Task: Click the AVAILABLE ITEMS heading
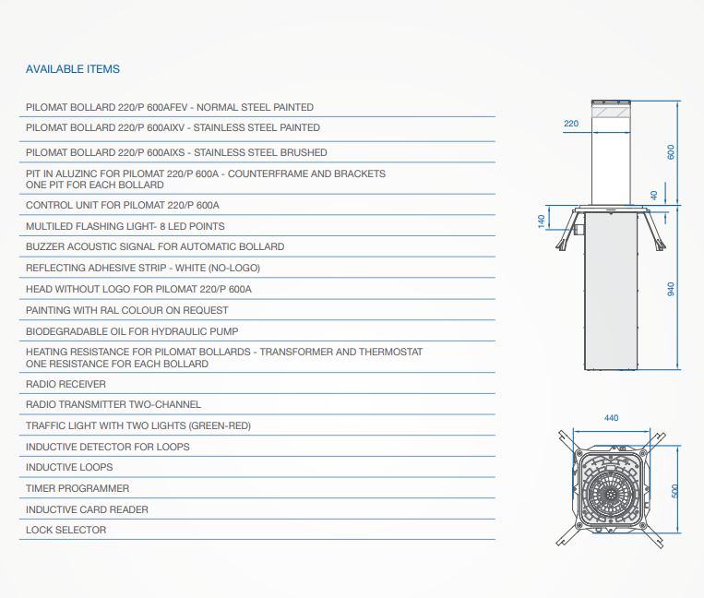point(73,69)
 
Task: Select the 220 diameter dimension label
point(571,124)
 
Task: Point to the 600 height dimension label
point(671,152)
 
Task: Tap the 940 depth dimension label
point(671,289)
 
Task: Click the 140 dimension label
point(542,221)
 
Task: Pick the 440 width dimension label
point(611,418)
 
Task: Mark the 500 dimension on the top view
point(674,491)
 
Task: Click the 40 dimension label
point(654,196)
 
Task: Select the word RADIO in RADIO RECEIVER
point(41,384)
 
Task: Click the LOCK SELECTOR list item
point(66,531)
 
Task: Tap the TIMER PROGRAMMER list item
point(78,488)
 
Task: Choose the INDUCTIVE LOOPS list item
point(69,467)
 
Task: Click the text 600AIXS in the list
point(166,152)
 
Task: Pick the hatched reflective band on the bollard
point(611,112)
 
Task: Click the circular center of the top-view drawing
point(611,494)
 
